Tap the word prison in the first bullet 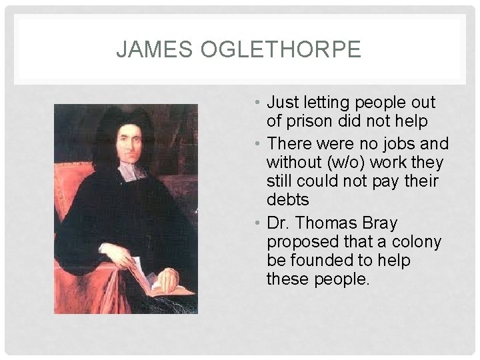click(309, 121)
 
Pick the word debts click(288, 200)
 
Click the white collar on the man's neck click(131, 172)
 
